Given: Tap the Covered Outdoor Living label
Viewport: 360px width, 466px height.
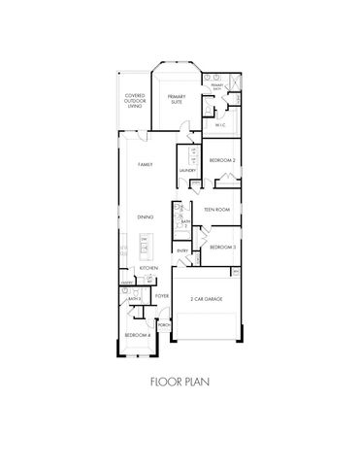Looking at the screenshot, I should click(x=136, y=101).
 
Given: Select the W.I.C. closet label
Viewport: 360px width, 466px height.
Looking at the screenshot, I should click(x=222, y=124).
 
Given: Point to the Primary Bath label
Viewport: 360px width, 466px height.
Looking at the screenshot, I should click(x=218, y=88).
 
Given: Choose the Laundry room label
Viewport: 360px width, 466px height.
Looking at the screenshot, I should click(x=188, y=171).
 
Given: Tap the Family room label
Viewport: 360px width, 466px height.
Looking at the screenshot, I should click(x=146, y=165).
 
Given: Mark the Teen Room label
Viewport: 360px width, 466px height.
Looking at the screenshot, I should click(x=215, y=209).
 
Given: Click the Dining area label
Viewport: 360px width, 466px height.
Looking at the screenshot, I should click(x=144, y=217).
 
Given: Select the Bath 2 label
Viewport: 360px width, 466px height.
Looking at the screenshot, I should click(x=184, y=222).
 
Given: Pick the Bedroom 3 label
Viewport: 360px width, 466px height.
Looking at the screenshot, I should click(x=222, y=247).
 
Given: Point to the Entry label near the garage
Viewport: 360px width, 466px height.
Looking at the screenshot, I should click(x=182, y=250).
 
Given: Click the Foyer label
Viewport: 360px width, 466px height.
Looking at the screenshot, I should click(x=162, y=295).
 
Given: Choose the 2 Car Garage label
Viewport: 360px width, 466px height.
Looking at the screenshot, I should click(x=206, y=300).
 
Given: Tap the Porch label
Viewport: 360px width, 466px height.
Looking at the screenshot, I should click(x=163, y=324).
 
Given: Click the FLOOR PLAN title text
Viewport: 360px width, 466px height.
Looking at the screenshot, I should click(x=180, y=382).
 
